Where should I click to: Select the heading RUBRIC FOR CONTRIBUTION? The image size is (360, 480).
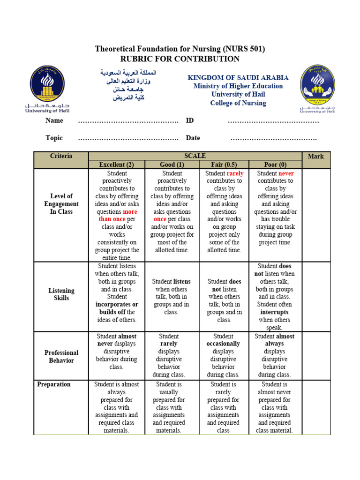tap(180, 59)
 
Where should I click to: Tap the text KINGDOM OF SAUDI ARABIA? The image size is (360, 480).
tap(238, 78)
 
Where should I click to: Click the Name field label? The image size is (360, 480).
tap(54, 120)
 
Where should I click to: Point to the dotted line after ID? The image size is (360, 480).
tap(273, 121)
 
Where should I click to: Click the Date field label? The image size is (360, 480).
tap(193, 138)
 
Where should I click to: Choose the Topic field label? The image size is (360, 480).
tap(54, 138)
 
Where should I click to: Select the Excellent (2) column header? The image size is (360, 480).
tap(117, 165)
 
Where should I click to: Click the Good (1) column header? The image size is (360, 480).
tap(172, 165)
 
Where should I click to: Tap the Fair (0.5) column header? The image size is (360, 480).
tap(225, 165)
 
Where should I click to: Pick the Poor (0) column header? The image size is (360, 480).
tap(275, 165)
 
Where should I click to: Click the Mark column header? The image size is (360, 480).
tap(316, 156)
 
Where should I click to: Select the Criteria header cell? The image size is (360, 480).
tap(61, 156)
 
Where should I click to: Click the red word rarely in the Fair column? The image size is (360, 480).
tap(235, 173)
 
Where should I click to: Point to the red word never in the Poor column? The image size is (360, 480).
tap(286, 173)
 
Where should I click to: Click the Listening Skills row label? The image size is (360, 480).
tap(61, 294)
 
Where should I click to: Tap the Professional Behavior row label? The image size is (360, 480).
tap(61, 356)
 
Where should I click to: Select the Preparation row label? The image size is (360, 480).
tap(54, 384)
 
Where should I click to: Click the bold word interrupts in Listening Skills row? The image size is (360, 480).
tap(275, 312)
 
